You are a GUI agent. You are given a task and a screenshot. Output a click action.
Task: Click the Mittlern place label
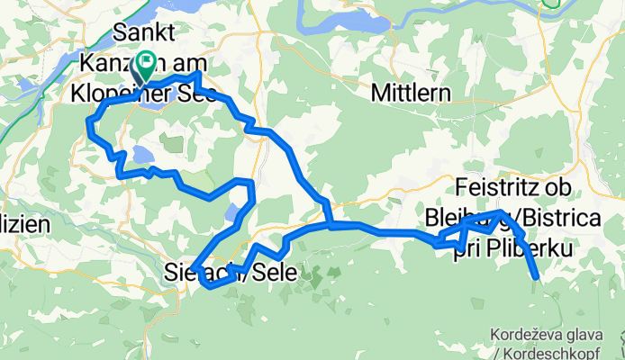pos(409,92)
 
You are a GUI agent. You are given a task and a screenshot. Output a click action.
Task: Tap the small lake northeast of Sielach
pos(233,212)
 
